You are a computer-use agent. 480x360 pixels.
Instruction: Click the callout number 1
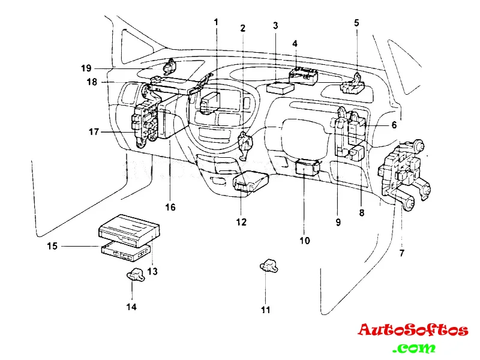click(x=217, y=22)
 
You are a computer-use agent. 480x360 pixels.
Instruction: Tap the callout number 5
click(x=356, y=23)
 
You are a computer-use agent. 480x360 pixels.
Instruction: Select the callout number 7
click(x=401, y=253)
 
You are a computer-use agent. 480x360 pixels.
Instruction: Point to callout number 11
click(x=266, y=310)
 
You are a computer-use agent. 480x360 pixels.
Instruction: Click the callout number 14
click(x=131, y=307)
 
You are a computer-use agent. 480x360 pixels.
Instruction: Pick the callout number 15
click(x=53, y=246)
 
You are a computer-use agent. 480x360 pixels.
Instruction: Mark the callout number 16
click(x=170, y=207)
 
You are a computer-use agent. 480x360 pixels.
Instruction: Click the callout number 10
click(x=305, y=241)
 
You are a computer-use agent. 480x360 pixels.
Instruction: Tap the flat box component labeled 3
click(x=280, y=88)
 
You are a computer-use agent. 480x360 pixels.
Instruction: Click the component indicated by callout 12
click(x=248, y=182)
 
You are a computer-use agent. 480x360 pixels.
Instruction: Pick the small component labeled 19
click(x=170, y=64)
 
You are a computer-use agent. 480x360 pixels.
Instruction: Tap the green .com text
click(x=415, y=348)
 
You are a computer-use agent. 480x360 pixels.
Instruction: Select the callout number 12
click(x=241, y=222)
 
